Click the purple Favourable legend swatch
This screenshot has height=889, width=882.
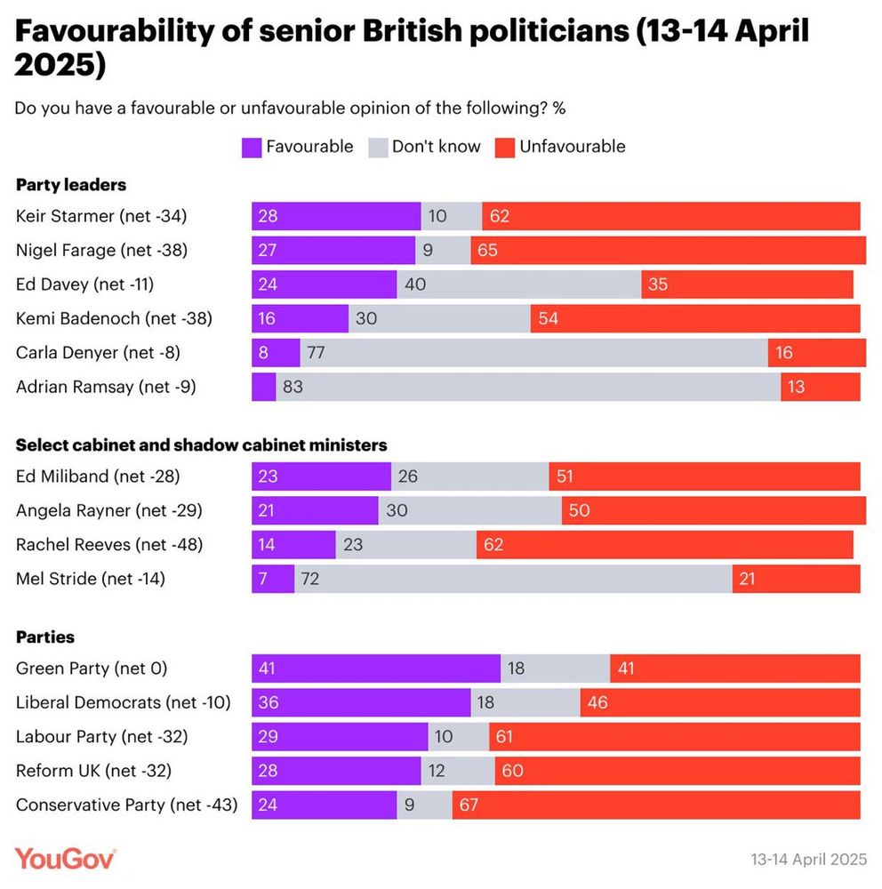click(252, 147)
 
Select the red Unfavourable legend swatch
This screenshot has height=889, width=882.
click(505, 147)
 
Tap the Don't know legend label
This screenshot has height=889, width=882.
click(436, 147)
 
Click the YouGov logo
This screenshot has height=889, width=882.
click(66, 859)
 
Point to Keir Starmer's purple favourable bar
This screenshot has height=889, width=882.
click(336, 217)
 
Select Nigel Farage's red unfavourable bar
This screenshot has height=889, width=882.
click(668, 251)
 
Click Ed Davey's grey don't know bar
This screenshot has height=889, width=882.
click(518, 284)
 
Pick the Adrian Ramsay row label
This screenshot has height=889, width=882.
click(106, 386)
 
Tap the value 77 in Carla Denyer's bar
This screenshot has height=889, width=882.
click(316, 353)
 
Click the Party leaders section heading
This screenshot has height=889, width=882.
click(71, 185)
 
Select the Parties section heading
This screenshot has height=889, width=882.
click(45, 637)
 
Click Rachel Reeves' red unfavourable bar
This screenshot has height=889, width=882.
click(664, 544)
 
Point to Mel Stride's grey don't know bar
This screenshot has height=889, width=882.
click(513, 579)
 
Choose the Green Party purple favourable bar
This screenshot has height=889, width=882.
click(376, 669)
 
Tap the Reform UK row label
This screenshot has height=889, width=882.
click(93, 771)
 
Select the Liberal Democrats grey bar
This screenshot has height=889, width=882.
click(525, 702)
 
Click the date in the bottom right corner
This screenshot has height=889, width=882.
click(808, 860)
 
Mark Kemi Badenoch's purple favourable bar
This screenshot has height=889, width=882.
click(300, 318)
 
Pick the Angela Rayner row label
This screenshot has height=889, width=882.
click(109, 510)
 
